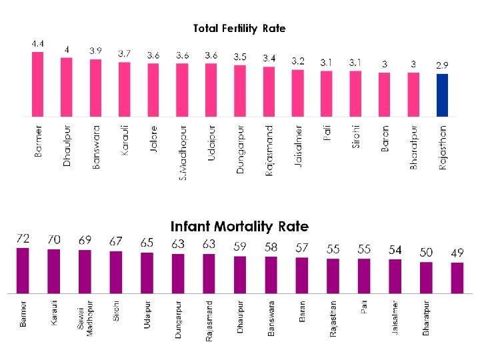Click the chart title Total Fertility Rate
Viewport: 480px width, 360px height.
pyautogui.click(x=239, y=28)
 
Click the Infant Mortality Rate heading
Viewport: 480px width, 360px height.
pyautogui.click(x=239, y=226)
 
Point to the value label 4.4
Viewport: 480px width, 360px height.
pyautogui.click(x=39, y=43)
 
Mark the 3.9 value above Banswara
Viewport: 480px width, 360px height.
pyautogui.click(x=96, y=51)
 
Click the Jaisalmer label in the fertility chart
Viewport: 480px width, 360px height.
pyautogui.click(x=297, y=146)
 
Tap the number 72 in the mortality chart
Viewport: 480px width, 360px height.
pyautogui.click(x=23, y=239)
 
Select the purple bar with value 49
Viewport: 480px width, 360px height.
pyautogui.click(x=457, y=277)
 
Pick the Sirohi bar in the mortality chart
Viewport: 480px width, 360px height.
pyautogui.click(x=116, y=272)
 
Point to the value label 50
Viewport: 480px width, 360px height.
pyautogui.click(x=426, y=252)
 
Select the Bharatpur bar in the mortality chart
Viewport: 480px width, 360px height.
pyautogui.click(x=426, y=277)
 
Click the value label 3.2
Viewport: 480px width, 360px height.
pyautogui.click(x=297, y=61)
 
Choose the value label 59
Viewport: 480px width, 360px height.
pyautogui.click(x=240, y=247)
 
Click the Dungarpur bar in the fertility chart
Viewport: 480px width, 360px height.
pyautogui.click(x=240, y=91)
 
